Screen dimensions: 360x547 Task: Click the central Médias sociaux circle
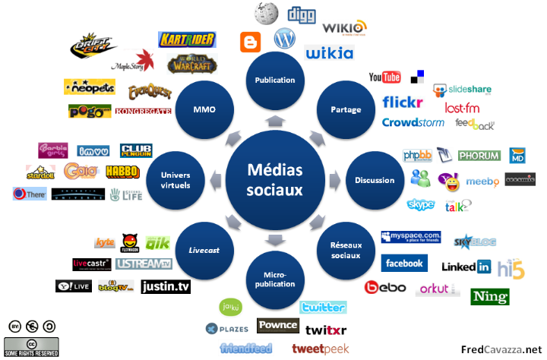274,180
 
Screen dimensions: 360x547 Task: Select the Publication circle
274,80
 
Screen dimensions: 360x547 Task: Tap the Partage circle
345,109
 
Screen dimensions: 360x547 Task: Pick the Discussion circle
375,180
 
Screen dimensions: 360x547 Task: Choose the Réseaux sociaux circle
346,251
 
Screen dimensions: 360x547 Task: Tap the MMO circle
204,109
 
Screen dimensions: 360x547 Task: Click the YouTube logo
384,77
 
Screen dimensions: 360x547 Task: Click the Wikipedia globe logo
266,14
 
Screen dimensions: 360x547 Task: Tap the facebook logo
403,263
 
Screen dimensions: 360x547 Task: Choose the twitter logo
323,307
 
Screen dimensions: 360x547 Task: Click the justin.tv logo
166,286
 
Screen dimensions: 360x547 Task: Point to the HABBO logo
122,171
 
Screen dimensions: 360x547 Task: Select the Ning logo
489,295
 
